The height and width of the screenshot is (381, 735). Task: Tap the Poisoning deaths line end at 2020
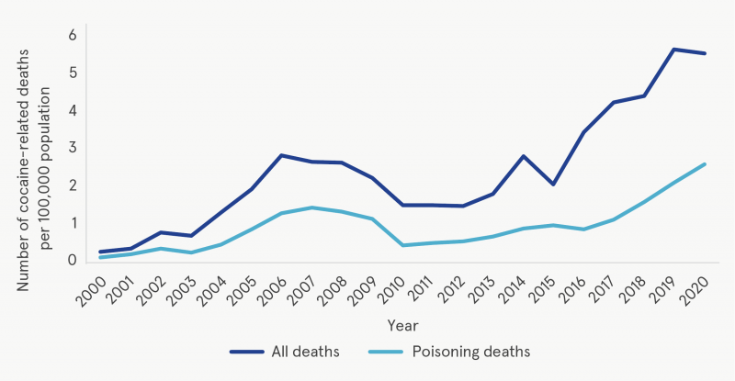click(704, 164)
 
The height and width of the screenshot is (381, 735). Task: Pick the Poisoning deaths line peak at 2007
click(312, 207)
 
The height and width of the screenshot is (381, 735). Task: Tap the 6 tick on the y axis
click(71, 35)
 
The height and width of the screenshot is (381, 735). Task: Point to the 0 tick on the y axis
click(71, 261)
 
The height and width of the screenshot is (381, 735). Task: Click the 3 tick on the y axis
click(71, 148)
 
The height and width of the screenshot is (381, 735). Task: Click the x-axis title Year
click(402, 325)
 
